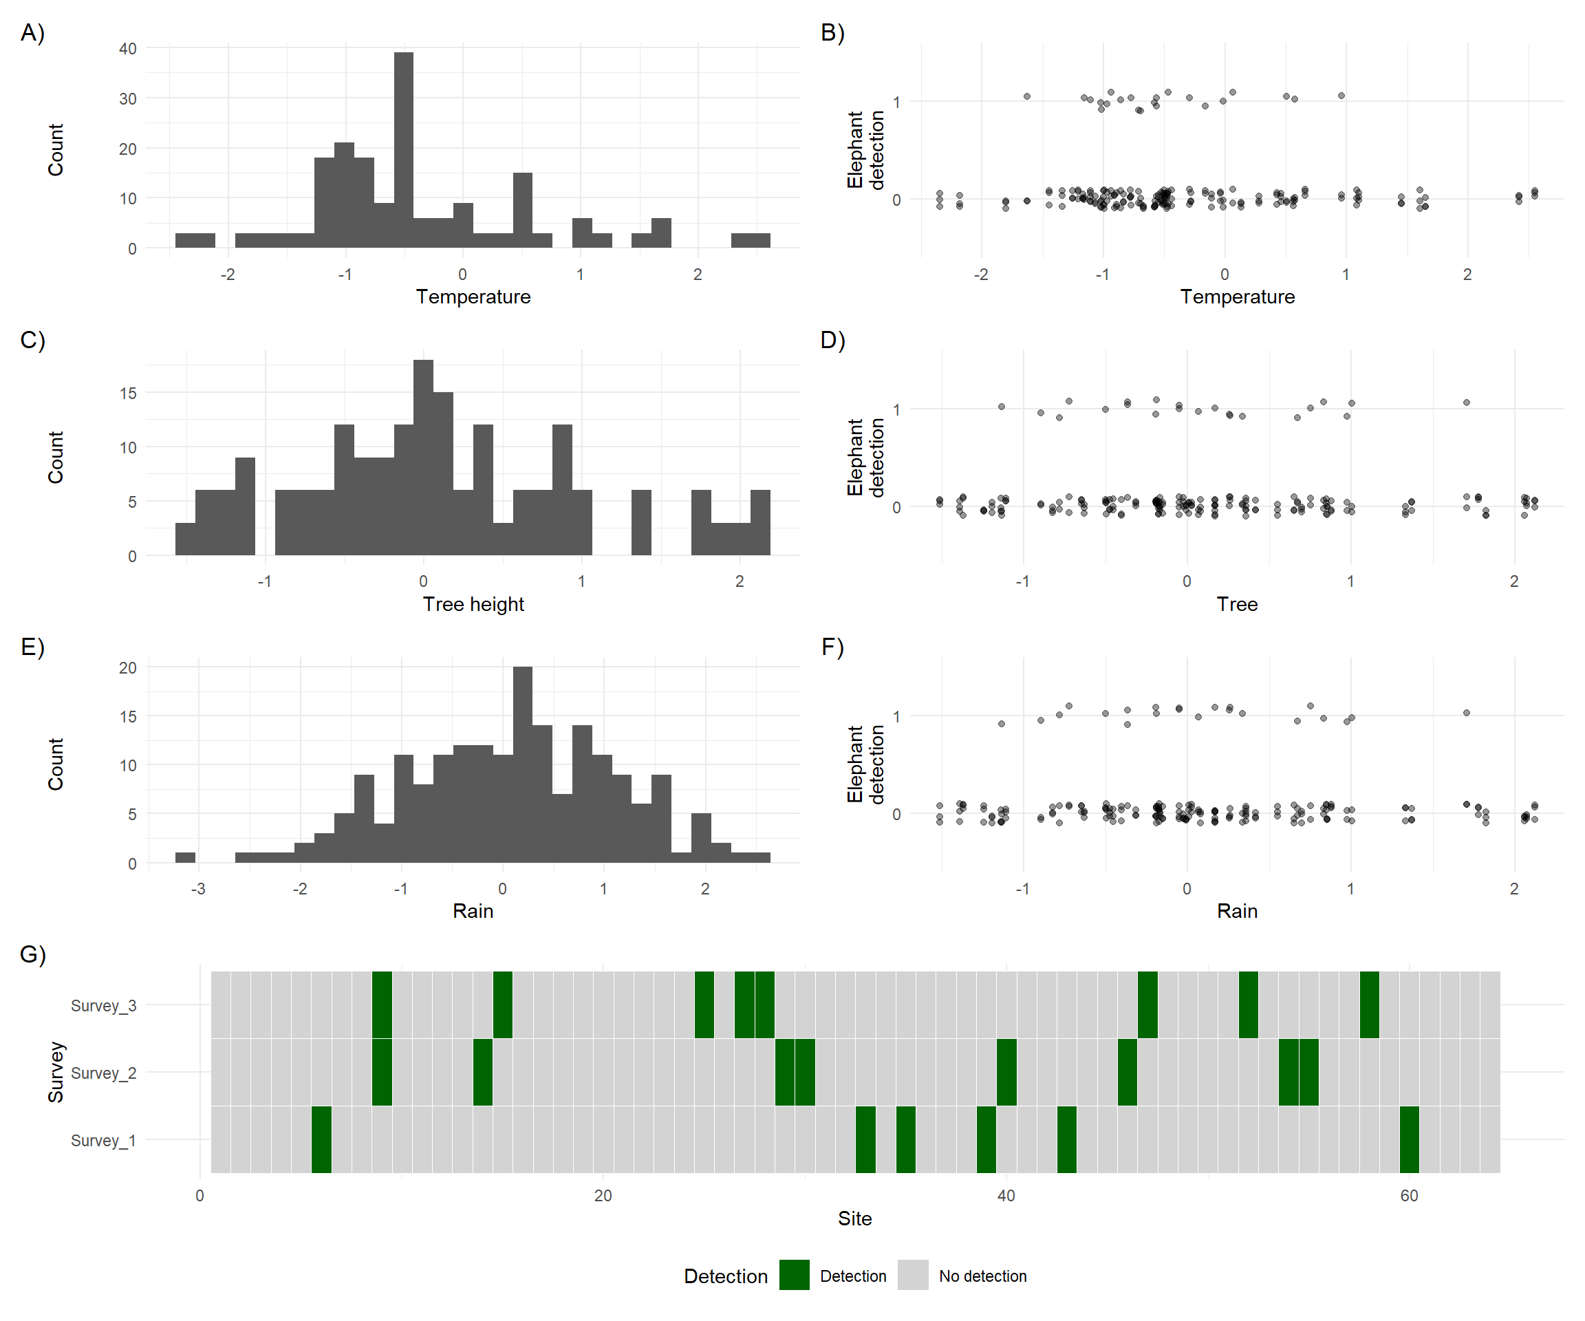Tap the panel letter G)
pyautogui.click(x=32, y=954)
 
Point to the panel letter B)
pyautogui.click(x=832, y=32)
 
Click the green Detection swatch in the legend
pyautogui.click(x=794, y=1275)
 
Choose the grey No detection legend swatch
pyautogui.click(x=912, y=1275)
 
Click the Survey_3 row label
pyautogui.click(x=103, y=1005)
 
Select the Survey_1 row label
pyautogui.click(x=103, y=1140)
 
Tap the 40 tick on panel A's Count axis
pyautogui.click(x=127, y=48)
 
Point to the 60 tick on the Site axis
pyautogui.click(x=1408, y=1196)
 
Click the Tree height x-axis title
pyautogui.click(x=473, y=604)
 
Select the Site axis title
pyautogui.click(x=854, y=1218)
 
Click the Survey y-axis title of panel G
pyautogui.click(x=56, y=1072)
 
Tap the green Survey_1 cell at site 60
pyautogui.click(x=1409, y=1139)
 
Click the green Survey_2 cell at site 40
pyautogui.click(x=1006, y=1072)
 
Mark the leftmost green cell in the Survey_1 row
pyautogui.click(x=321, y=1139)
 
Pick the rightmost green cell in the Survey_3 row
pyautogui.click(x=1369, y=1005)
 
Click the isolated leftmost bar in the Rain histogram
pyautogui.click(x=185, y=857)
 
